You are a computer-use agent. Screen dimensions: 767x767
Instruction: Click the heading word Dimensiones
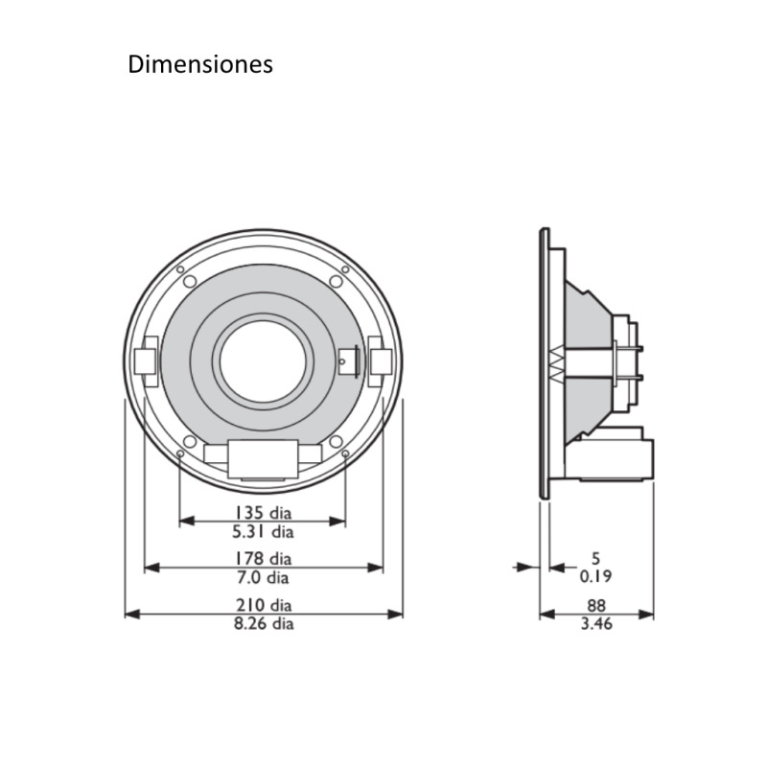point(200,64)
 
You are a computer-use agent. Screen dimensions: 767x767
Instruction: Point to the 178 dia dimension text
point(263,558)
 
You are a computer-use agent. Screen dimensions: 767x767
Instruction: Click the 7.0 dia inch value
point(263,578)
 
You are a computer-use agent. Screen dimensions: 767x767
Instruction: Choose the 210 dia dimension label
point(263,605)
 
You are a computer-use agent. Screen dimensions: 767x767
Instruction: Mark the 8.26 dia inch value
point(263,624)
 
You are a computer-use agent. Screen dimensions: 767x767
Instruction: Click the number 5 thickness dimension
point(595,557)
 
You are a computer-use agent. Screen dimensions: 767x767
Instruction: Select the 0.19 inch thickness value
point(595,576)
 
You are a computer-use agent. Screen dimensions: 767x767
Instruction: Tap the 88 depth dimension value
point(596,605)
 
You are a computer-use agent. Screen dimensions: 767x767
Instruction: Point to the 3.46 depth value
point(596,624)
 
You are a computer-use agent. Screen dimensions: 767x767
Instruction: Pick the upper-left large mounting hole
point(190,282)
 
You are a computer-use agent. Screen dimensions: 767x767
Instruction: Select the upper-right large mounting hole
point(336,282)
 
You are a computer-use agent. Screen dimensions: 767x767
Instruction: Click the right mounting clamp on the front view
point(380,360)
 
